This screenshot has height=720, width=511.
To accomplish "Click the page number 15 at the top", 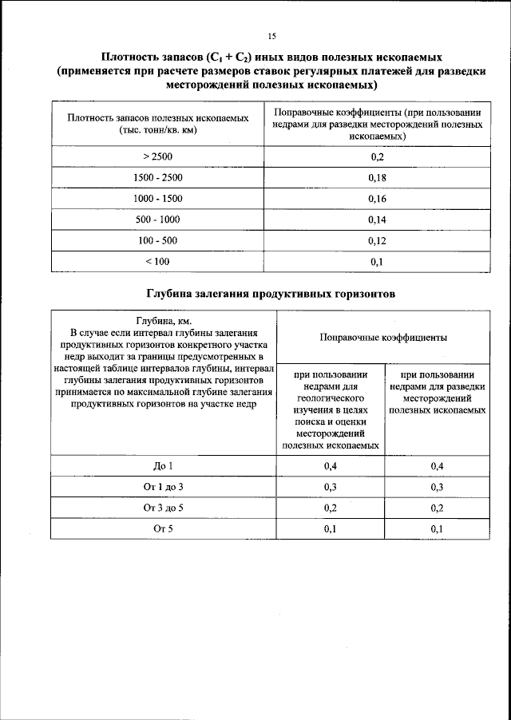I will click(x=272, y=36).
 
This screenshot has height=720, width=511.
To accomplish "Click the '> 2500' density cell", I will click(x=157, y=156).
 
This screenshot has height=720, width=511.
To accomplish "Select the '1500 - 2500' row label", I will click(x=157, y=177).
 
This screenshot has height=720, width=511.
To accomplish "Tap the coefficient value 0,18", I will click(x=378, y=177).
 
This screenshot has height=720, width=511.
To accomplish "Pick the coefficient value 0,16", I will click(x=378, y=198).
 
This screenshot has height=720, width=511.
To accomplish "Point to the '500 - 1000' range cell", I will click(x=157, y=220).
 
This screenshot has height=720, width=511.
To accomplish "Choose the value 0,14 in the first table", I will click(x=378, y=220).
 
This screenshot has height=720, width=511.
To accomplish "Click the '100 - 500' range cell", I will click(x=157, y=240).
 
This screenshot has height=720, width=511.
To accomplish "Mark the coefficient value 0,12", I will click(x=378, y=240).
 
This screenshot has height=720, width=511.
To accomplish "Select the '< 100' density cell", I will click(x=157, y=262).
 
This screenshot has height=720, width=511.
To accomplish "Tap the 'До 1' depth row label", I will click(x=163, y=465).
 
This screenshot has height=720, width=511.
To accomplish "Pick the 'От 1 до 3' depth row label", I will click(x=163, y=486).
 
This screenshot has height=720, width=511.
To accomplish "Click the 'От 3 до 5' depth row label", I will click(x=163, y=508).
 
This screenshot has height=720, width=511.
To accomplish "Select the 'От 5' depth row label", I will click(x=163, y=528).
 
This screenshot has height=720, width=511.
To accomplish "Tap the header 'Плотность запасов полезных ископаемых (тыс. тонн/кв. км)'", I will click(x=157, y=123).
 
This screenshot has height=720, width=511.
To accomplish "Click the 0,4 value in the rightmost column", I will click(x=438, y=465).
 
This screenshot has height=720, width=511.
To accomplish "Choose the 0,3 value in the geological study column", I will click(x=330, y=486).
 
